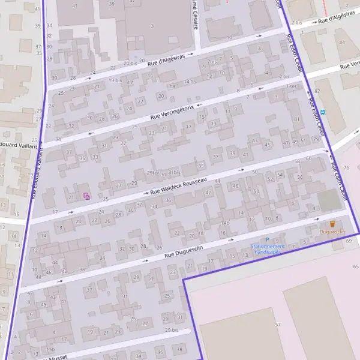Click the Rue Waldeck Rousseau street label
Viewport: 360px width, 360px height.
point(178,186)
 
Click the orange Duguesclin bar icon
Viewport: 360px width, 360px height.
point(332,224)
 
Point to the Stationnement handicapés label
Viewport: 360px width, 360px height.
point(268,249)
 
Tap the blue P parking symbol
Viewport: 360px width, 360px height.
point(268,239)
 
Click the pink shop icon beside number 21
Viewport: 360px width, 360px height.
point(86,196)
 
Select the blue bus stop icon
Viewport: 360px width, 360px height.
point(323,112)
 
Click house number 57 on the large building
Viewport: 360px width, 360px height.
point(278,325)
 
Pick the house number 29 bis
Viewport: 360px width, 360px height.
point(172,330)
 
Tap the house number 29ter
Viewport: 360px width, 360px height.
point(152,173)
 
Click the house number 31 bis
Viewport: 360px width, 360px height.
point(174,173)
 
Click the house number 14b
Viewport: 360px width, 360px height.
point(225,223)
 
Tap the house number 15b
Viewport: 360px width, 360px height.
point(50,349)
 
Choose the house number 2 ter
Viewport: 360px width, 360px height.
point(284,77)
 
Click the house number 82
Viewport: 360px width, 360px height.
point(317,91)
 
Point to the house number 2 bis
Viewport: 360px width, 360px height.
point(297,22)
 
